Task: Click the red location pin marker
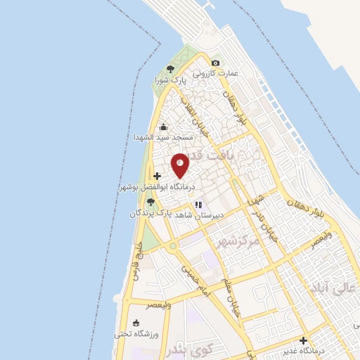click(x=181, y=166)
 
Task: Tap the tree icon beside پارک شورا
click(x=169, y=69)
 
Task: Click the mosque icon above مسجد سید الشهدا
click(x=163, y=127)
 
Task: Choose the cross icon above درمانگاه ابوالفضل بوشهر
click(x=156, y=176)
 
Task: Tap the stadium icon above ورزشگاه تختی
click(x=136, y=323)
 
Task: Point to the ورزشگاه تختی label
click(x=136, y=333)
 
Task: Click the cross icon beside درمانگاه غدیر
click(x=302, y=340)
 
